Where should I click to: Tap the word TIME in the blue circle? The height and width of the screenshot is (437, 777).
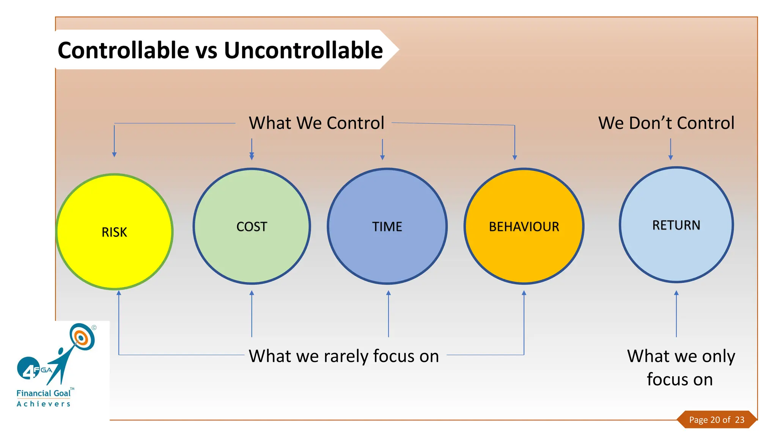387,227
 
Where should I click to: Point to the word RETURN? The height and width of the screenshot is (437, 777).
676,225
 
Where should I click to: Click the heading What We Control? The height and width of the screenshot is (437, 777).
316,123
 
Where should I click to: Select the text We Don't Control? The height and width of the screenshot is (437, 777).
666,123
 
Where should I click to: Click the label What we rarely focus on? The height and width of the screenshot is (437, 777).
344,356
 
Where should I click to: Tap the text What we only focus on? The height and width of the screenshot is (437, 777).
681,367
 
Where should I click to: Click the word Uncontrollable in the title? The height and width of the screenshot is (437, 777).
304,50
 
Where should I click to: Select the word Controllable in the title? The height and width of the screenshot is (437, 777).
123,50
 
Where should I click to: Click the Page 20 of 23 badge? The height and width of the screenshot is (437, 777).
716,420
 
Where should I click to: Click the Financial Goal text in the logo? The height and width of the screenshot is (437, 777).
43,393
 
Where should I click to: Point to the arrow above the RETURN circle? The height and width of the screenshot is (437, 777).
670,149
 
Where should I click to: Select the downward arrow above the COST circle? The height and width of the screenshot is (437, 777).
252,149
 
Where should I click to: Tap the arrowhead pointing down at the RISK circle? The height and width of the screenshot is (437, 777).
114,154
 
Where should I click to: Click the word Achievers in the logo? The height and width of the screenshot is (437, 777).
43,404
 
